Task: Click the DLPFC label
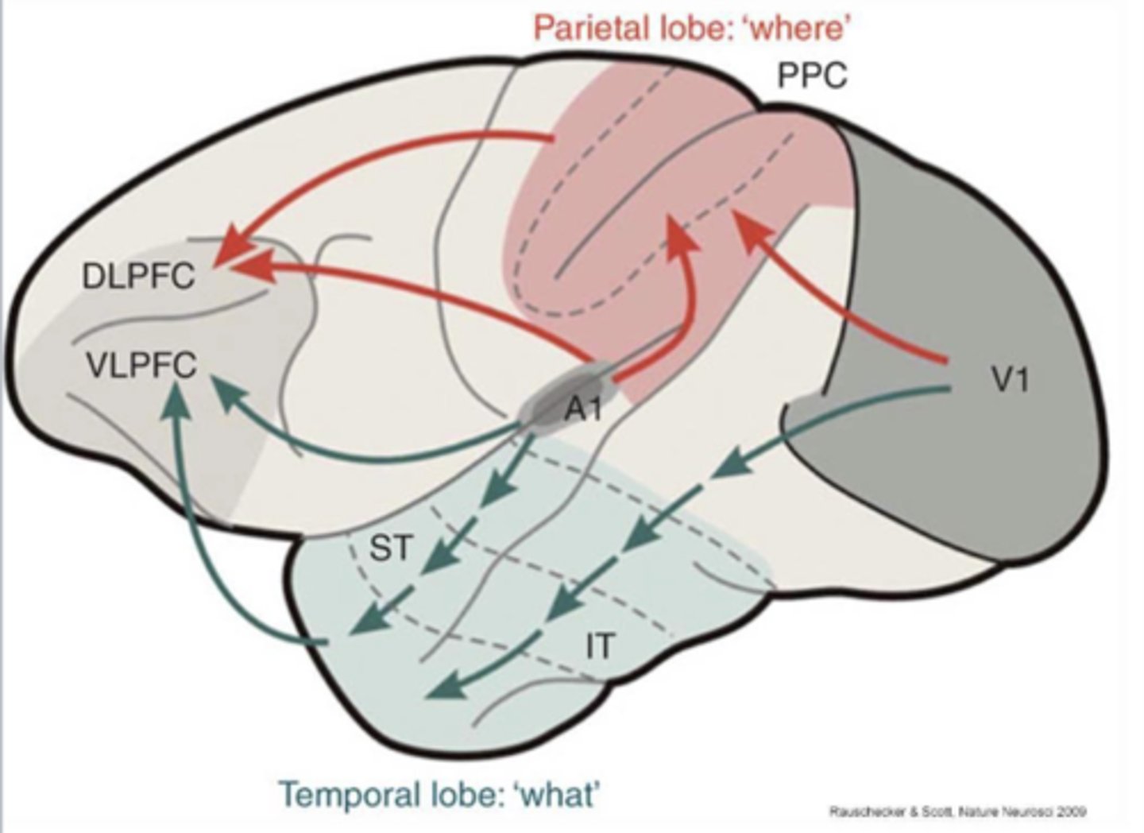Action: [x=138, y=277]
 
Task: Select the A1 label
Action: [x=583, y=410]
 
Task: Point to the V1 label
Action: [x=1011, y=381]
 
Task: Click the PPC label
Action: [x=811, y=76]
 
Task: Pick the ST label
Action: [x=391, y=548]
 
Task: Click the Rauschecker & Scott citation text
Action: [x=957, y=812]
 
